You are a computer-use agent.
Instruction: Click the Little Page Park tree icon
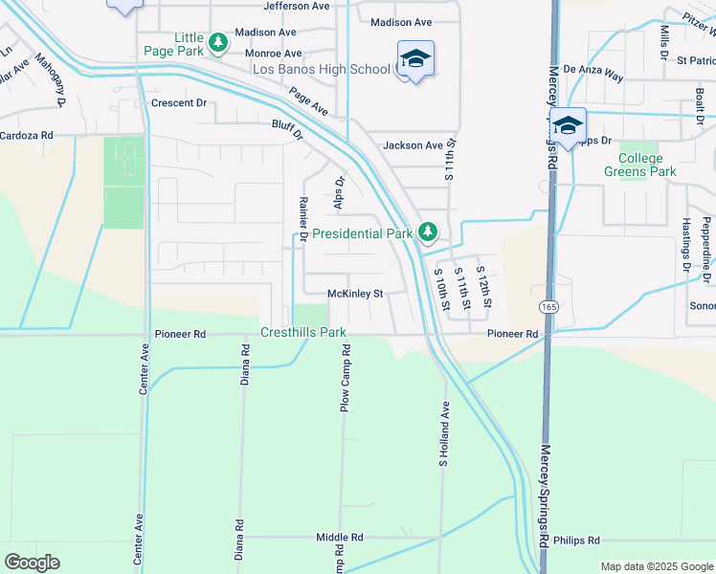219,41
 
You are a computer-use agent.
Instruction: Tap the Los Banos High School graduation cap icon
415,59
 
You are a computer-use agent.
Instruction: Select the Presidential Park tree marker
428,232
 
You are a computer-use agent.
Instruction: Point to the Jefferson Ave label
302,6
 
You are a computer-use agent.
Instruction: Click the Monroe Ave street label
273,54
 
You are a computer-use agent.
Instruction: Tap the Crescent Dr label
178,102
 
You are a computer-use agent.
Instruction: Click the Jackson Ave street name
413,145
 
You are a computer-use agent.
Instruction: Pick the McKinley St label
354,294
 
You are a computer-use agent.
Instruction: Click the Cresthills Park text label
302,334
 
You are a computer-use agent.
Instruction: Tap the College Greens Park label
639,165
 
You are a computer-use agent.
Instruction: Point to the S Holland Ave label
444,433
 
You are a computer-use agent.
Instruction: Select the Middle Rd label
340,538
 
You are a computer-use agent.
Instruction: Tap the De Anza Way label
593,71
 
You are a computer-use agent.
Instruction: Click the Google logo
32,563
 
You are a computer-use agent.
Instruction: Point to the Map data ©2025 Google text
657,566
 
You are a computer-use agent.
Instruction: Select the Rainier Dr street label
302,219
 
